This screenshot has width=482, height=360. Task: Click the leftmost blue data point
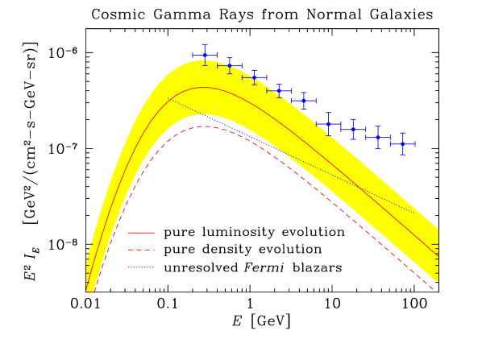coord(205,55)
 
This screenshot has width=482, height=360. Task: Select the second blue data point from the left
coord(230,66)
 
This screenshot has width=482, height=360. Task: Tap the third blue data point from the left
coord(255,77)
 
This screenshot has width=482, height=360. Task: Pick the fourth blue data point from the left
coord(279,90)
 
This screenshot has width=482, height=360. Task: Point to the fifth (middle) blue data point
coord(304,101)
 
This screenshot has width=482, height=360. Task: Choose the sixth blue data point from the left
coord(328,124)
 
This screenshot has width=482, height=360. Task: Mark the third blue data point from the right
coord(353,129)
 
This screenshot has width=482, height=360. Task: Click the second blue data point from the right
coord(378,137)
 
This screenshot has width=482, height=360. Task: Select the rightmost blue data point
coord(403,144)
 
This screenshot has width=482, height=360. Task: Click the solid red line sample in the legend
coord(141,232)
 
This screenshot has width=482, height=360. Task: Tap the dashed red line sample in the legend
coord(141,250)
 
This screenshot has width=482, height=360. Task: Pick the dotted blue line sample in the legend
coord(141,267)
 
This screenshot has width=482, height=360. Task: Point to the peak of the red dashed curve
coord(206,126)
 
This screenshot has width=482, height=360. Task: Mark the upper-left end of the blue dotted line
coord(168,98)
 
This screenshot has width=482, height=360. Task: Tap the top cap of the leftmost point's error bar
coord(205,45)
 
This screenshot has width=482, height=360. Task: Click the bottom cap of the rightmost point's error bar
coord(403,155)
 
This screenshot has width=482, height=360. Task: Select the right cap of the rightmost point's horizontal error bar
coord(415,144)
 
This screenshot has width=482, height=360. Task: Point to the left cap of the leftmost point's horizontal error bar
coord(193,55)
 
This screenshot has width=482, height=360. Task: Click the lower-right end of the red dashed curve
coord(436,290)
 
